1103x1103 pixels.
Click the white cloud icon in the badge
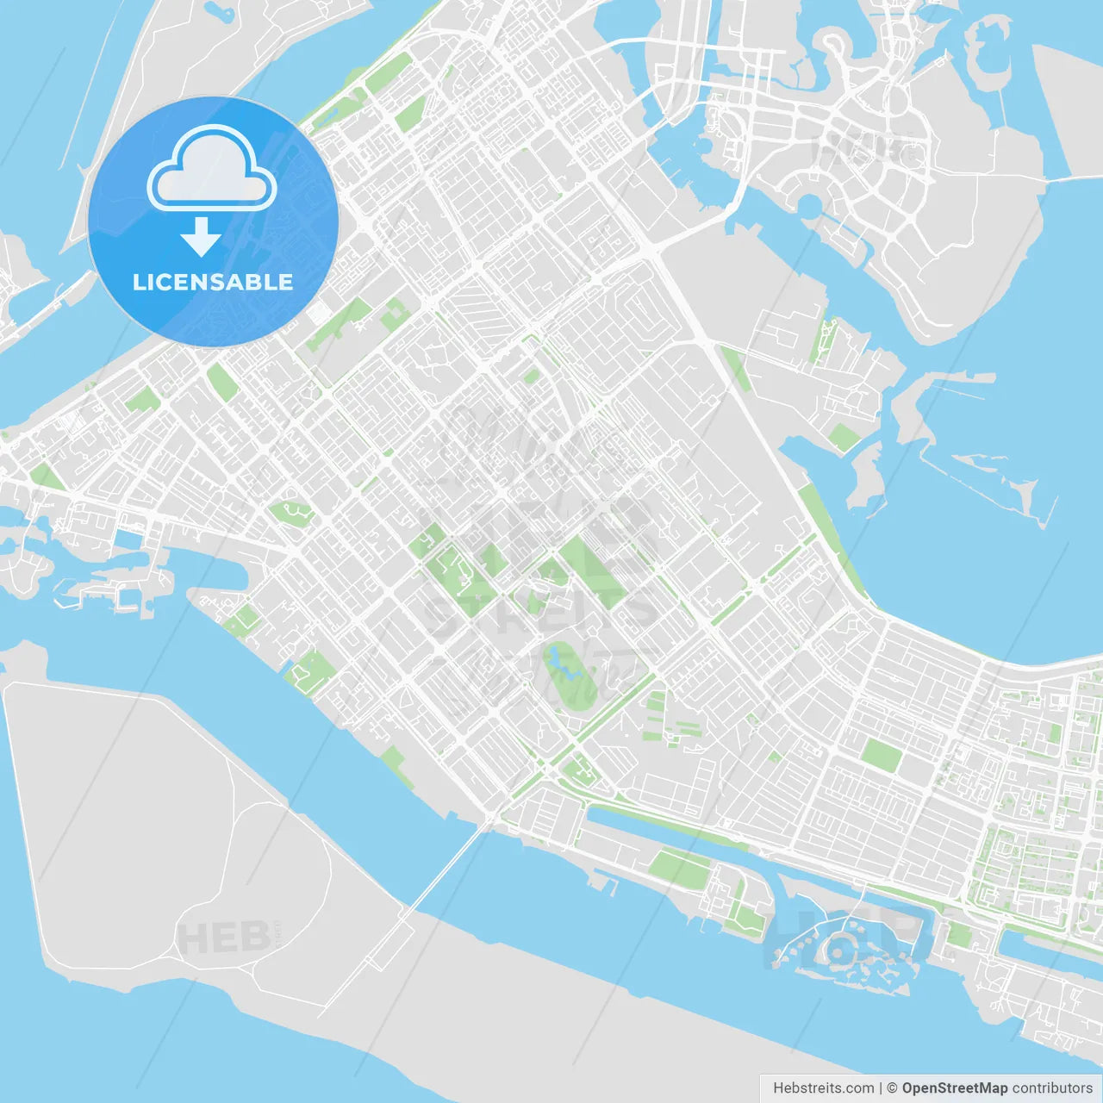coord(212,171)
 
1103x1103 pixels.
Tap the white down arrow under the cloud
coord(201,236)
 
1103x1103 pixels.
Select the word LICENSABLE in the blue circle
coord(213,282)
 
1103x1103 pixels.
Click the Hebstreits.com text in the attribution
coord(823,1088)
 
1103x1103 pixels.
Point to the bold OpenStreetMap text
coord(955,1088)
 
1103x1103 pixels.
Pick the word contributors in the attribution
coord(1052,1088)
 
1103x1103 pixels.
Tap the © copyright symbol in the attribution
coord(892,1088)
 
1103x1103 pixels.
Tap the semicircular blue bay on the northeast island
coord(810,205)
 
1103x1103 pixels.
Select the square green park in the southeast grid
coord(882,756)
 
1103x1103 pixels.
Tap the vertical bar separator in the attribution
coord(880,1088)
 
